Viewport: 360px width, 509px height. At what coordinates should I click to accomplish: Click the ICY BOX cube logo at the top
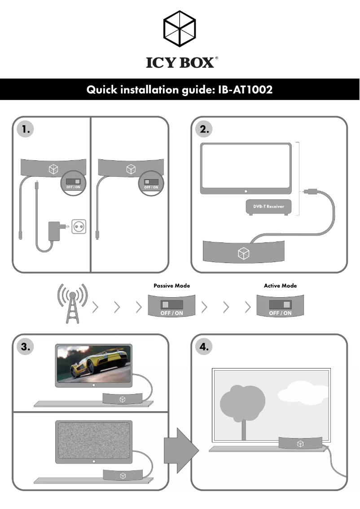(x=180, y=28)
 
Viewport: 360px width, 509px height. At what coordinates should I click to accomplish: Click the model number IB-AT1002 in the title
(x=246, y=90)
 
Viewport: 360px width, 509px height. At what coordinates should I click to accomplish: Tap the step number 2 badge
(x=205, y=129)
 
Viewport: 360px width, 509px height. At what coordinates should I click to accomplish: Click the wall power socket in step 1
(x=79, y=227)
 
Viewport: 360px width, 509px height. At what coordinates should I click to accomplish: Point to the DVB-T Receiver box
(x=268, y=206)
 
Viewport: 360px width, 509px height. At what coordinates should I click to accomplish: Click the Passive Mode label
(x=172, y=285)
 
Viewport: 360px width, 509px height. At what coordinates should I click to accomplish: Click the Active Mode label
(x=280, y=285)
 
